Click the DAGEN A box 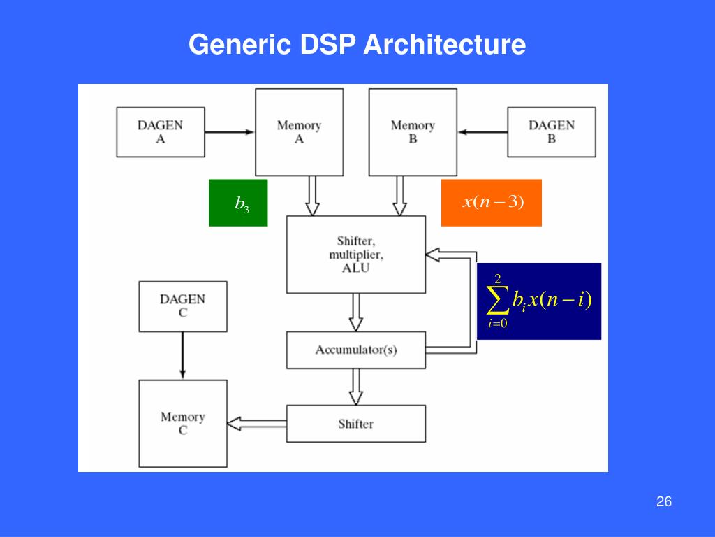[x=160, y=131]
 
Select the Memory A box [x=299, y=131]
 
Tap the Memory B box [x=413, y=131]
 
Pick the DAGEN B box [x=552, y=131]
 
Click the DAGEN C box [x=183, y=306]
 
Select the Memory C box [x=183, y=424]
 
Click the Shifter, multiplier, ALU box [x=355, y=254]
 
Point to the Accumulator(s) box [x=355, y=350]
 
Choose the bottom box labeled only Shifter [x=355, y=424]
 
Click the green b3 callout [x=238, y=203]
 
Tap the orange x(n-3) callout [x=492, y=203]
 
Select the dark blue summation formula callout [x=539, y=301]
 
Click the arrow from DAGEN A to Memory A [x=230, y=131]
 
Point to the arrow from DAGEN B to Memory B [x=482, y=131]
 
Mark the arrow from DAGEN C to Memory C [x=183, y=355]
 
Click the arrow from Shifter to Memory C [x=257, y=423]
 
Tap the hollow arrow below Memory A [x=312, y=196]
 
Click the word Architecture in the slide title [x=443, y=45]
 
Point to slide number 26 [x=664, y=502]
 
